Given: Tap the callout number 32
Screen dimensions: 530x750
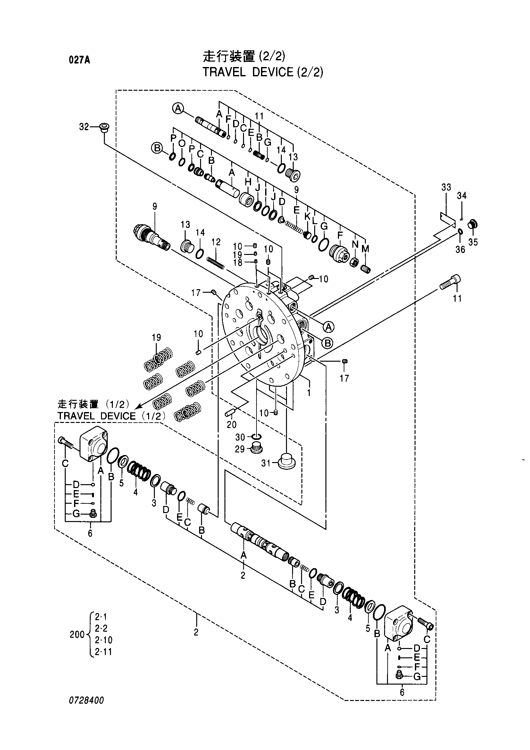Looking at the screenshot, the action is pyautogui.click(x=84, y=127).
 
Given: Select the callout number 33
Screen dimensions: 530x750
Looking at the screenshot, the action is pyautogui.click(x=446, y=187).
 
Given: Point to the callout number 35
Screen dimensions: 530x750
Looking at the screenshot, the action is pyautogui.click(x=473, y=242).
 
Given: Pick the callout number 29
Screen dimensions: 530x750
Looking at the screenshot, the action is pyautogui.click(x=240, y=449).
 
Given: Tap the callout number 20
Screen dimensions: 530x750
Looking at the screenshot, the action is pyautogui.click(x=231, y=424).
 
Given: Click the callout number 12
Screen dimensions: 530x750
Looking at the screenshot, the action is pyautogui.click(x=216, y=242).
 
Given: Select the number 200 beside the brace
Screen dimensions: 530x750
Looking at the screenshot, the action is pyautogui.click(x=77, y=634).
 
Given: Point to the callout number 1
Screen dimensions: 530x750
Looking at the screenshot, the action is pyautogui.click(x=309, y=392).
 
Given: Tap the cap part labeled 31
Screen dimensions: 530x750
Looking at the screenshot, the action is pyautogui.click(x=286, y=461).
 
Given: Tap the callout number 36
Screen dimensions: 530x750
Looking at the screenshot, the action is pyautogui.click(x=460, y=249).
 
